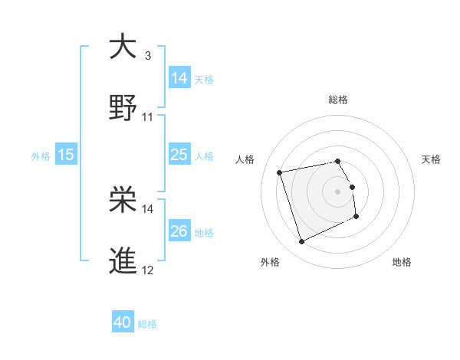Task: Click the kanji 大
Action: click(x=123, y=47)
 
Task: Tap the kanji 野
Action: click(x=123, y=108)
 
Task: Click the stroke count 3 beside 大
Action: click(x=148, y=56)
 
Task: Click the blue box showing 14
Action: click(x=179, y=78)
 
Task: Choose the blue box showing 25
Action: click(x=179, y=155)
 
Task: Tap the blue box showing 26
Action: click(x=179, y=231)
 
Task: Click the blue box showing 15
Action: click(x=66, y=155)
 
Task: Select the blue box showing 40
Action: click(x=123, y=323)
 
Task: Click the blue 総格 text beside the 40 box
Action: click(x=147, y=324)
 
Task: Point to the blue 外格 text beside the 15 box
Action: click(x=41, y=155)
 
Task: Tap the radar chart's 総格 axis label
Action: click(x=338, y=100)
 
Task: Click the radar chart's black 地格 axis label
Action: click(x=402, y=262)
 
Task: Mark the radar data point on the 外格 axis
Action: click(x=301, y=242)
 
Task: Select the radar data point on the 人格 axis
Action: click(x=280, y=172)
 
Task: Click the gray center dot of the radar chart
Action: click(x=338, y=191)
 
